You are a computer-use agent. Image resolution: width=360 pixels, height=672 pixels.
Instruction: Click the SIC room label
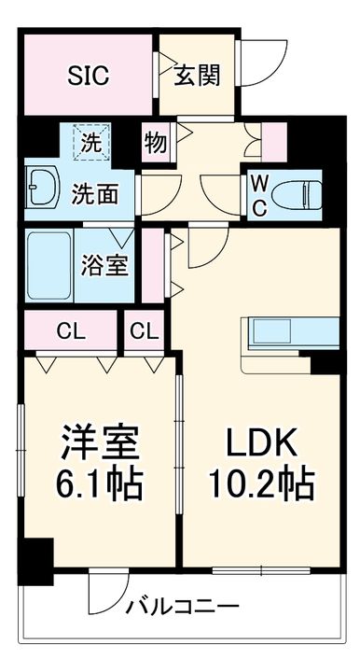pyautogui.click(x=88, y=76)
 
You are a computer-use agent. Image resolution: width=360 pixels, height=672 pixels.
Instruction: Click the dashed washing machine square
pyautogui.click(x=93, y=143)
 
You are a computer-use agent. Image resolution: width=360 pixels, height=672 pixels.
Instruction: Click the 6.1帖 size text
pyautogui.click(x=102, y=483)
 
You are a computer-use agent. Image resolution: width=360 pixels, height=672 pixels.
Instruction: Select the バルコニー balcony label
pyautogui.click(x=184, y=608)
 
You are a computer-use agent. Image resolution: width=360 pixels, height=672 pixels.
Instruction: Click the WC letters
pyautogui.click(x=259, y=193)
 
